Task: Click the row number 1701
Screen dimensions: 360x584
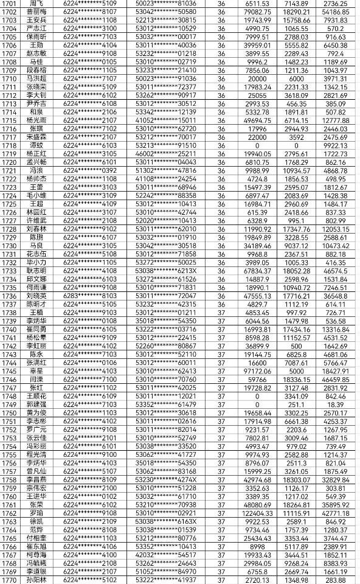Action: click(10, 4)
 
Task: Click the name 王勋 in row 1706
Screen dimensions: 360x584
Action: click(36, 46)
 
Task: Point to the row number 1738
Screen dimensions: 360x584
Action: click(10, 313)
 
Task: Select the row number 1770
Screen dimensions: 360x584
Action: click(10, 580)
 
